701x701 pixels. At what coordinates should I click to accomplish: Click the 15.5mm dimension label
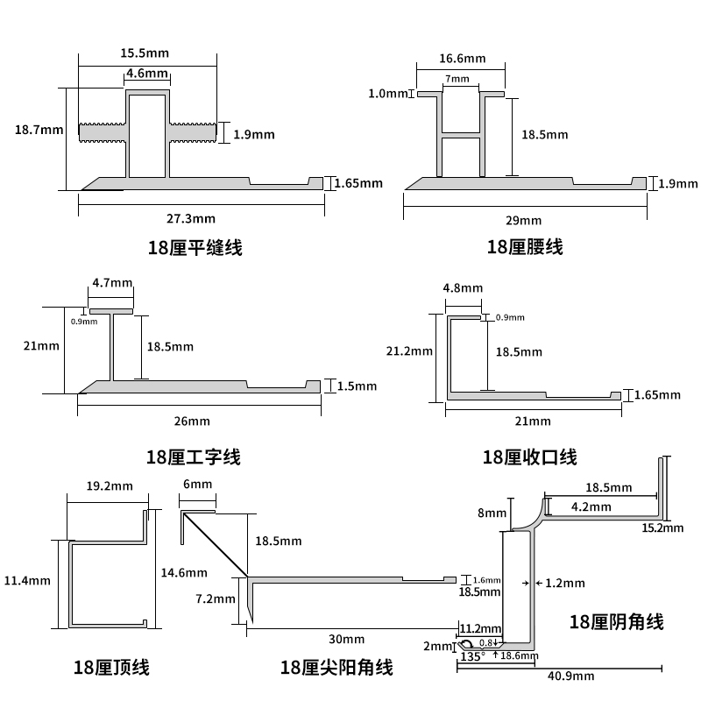(145, 53)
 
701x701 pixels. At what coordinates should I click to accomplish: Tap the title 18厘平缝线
(195, 248)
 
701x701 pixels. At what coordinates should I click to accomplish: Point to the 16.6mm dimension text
(461, 59)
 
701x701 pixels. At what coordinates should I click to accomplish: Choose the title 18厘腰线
(524, 248)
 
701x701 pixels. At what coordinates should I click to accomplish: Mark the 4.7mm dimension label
(112, 283)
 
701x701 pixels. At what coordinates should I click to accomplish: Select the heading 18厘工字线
(193, 457)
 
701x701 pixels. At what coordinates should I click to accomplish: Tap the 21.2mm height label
(409, 351)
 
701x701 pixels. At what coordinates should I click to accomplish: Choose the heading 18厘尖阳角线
(336, 668)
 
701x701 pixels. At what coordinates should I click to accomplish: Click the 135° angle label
(472, 655)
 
